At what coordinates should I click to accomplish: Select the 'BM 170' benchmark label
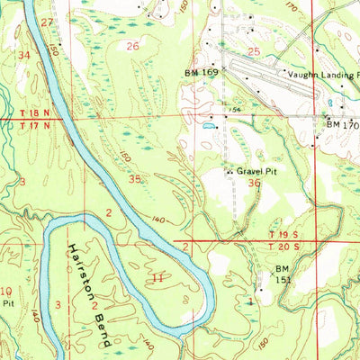click(x=342, y=125)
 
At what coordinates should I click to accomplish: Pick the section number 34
click(x=24, y=55)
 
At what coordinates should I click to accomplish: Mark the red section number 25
click(x=254, y=52)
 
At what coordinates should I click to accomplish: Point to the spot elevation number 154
click(x=231, y=111)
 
